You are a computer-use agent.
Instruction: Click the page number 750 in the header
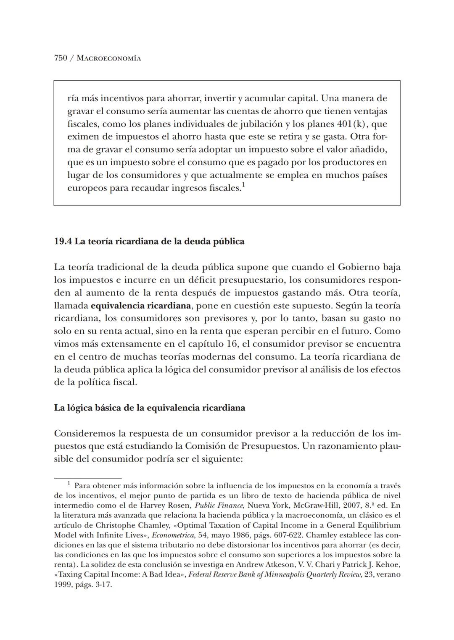click(61, 58)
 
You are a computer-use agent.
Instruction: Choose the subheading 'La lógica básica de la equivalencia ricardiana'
click(149, 408)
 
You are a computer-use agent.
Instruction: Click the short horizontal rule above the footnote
click(87, 478)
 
